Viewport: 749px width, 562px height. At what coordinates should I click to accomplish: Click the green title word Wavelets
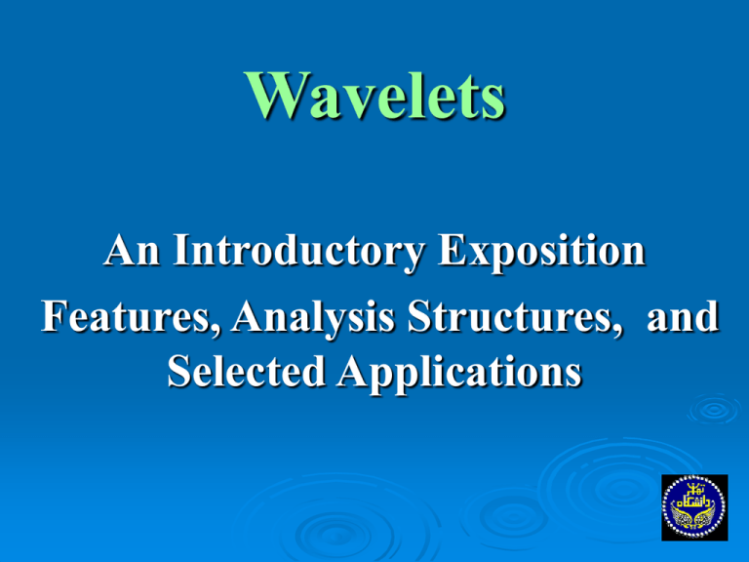(x=374, y=95)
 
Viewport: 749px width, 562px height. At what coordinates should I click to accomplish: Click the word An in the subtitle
(x=132, y=250)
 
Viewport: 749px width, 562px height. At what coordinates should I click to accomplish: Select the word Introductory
(x=298, y=253)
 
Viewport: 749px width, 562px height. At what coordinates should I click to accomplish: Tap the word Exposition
(x=541, y=253)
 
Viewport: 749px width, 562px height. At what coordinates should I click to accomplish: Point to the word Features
(x=125, y=317)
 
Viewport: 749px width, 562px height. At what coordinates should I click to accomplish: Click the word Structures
(x=510, y=317)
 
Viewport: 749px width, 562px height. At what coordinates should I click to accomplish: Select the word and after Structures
(x=683, y=317)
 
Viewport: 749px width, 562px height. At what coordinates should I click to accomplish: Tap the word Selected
(x=247, y=371)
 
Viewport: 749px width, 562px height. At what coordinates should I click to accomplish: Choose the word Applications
(x=459, y=374)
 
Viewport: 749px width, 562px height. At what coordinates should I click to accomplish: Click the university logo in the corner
(x=694, y=507)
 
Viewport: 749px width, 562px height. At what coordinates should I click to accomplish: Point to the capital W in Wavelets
(x=277, y=95)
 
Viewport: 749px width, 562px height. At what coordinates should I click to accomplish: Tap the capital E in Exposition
(x=452, y=250)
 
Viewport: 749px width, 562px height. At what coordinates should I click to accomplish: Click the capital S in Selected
(x=177, y=371)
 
